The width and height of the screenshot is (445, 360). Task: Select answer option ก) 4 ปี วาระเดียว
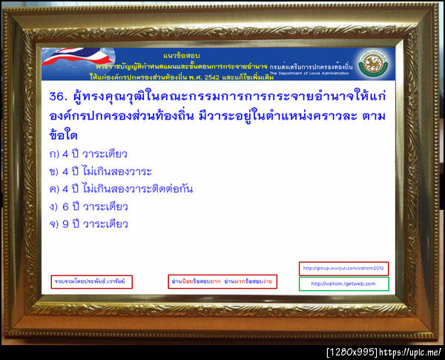coord(88,154)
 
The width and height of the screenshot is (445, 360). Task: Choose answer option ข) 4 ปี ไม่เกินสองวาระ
coord(99,171)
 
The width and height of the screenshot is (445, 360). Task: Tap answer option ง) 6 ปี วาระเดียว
coord(88,206)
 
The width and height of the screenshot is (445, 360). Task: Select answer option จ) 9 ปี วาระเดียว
coord(88,223)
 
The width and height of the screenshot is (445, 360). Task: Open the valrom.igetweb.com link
coord(343,284)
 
